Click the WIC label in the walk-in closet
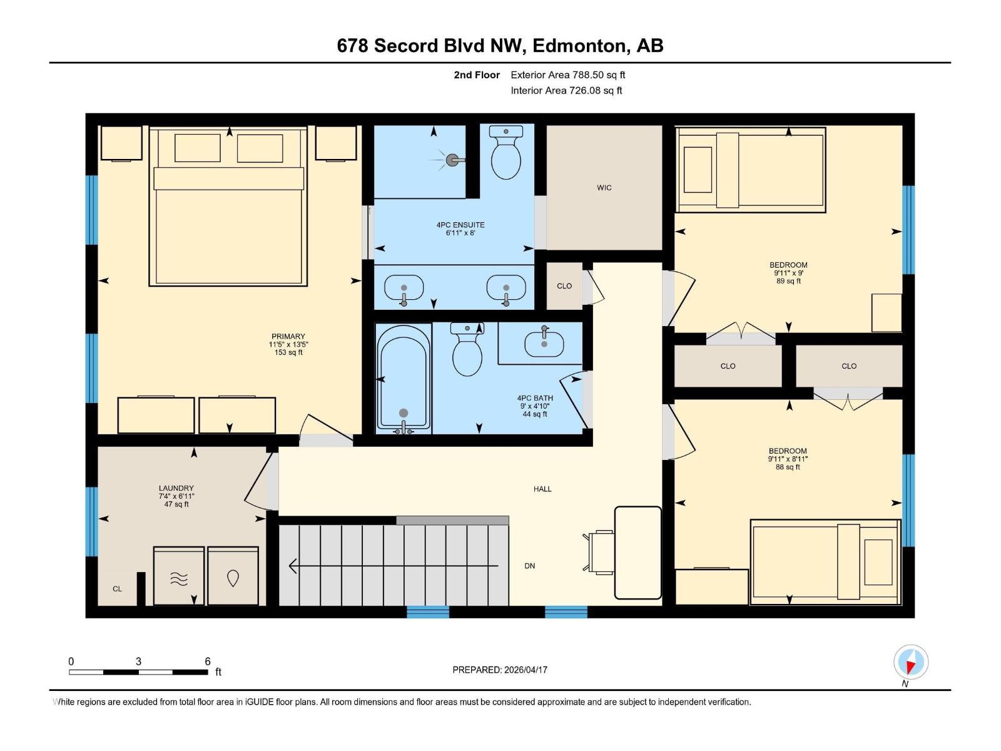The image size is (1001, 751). click(604, 188)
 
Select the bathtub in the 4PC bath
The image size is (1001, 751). click(404, 379)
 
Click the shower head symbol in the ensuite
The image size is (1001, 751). click(452, 160)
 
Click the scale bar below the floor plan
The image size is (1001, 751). click(138, 672)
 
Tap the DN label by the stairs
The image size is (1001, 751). click(530, 566)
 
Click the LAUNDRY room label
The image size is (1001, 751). click(176, 488)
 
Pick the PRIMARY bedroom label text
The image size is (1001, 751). click(288, 337)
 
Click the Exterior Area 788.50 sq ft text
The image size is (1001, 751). click(567, 75)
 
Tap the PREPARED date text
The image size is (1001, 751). click(500, 670)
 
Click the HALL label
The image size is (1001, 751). click(542, 489)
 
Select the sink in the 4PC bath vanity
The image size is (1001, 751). click(544, 344)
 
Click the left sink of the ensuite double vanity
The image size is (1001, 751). click(404, 289)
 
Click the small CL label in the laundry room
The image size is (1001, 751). click(117, 589)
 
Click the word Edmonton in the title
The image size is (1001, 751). click(581, 46)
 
